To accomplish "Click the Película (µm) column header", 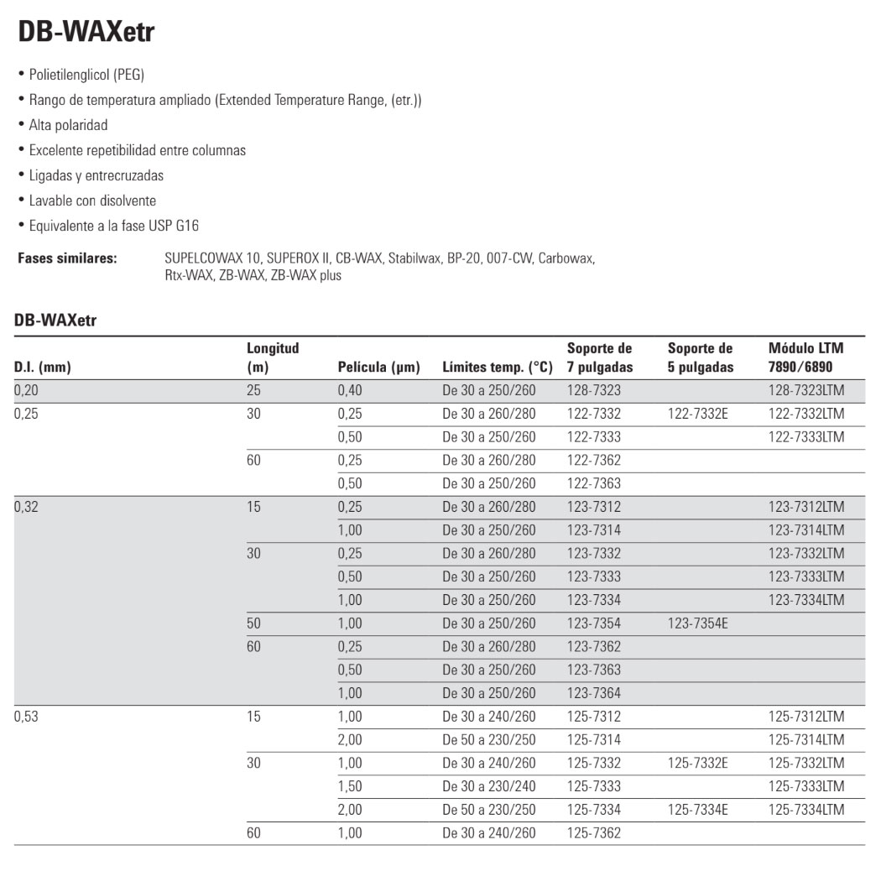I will [x=378, y=367].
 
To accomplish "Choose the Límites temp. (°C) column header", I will [x=497, y=367].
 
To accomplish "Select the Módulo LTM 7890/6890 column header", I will [x=806, y=357].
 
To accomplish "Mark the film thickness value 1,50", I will [x=350, y=786].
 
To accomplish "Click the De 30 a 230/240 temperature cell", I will [x=488, y=786].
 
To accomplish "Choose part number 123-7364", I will [x=594, y=693].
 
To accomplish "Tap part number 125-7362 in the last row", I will [x=594, y=833].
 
